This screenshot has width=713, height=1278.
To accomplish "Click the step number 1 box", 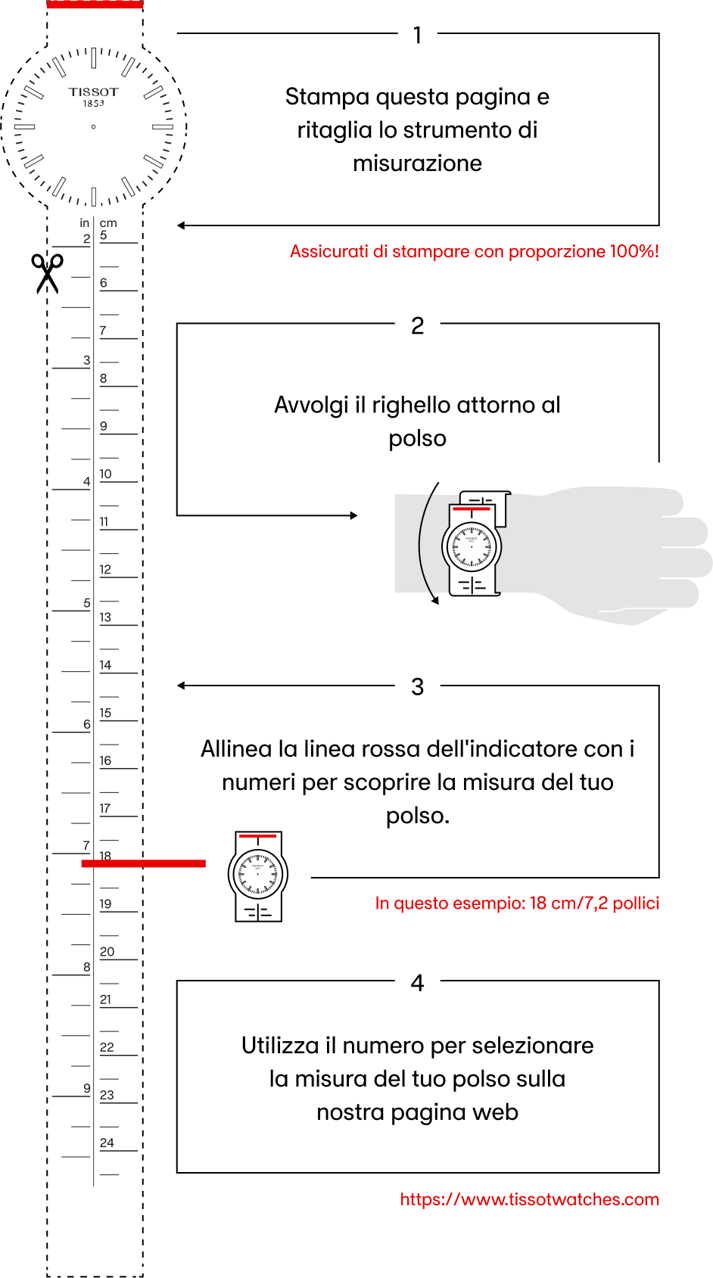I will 417,35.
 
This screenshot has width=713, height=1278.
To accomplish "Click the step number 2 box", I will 417,325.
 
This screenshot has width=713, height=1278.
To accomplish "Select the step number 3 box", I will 417,686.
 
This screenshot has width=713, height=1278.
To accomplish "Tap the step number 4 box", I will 417,982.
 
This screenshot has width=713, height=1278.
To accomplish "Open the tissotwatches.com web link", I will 530,1199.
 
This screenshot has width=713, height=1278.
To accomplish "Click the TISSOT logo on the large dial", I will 94,92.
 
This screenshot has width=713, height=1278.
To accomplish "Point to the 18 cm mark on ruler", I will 105,856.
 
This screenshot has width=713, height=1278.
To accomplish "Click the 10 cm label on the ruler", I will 105,474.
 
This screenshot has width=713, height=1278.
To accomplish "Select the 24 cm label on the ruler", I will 107,1143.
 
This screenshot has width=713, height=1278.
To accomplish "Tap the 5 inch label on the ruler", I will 87,603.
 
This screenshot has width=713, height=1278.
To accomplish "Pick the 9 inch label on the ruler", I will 87,1088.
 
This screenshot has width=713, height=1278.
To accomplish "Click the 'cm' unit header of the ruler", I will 108,223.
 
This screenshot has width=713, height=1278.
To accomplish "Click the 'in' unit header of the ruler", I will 85,223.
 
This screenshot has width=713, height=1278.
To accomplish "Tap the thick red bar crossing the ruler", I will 144,863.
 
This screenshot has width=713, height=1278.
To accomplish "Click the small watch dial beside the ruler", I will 257,874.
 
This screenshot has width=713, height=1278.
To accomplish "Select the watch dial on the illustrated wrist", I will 472,546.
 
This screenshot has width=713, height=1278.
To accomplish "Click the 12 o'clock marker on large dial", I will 94,58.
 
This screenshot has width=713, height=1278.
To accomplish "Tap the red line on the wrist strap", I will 471,509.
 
